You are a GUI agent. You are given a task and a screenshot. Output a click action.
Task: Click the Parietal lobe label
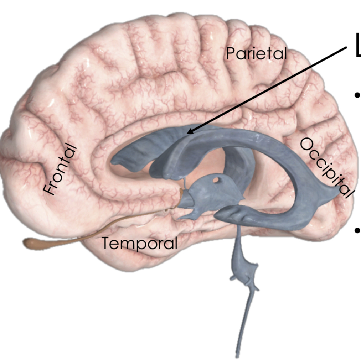[256, 54]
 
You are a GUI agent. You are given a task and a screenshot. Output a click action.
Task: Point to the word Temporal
[139, 244]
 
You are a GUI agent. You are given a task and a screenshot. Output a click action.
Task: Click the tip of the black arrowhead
[188, 134]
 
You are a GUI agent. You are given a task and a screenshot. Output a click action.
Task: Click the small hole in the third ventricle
[216, 180]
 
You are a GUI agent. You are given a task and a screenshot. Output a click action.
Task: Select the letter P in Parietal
[230, 54]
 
